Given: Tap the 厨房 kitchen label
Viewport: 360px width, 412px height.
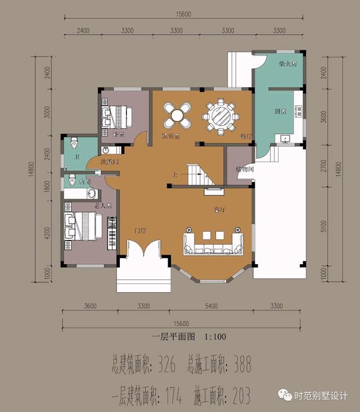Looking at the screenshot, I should tap(281, 111).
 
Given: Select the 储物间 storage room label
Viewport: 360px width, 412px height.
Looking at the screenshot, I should tap(245, 169).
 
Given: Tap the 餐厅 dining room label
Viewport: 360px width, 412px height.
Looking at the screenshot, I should tap(245, 137).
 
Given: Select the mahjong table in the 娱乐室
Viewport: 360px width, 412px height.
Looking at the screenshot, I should tap(177, 116).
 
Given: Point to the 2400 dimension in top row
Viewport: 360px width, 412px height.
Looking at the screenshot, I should tap(83, 30).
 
